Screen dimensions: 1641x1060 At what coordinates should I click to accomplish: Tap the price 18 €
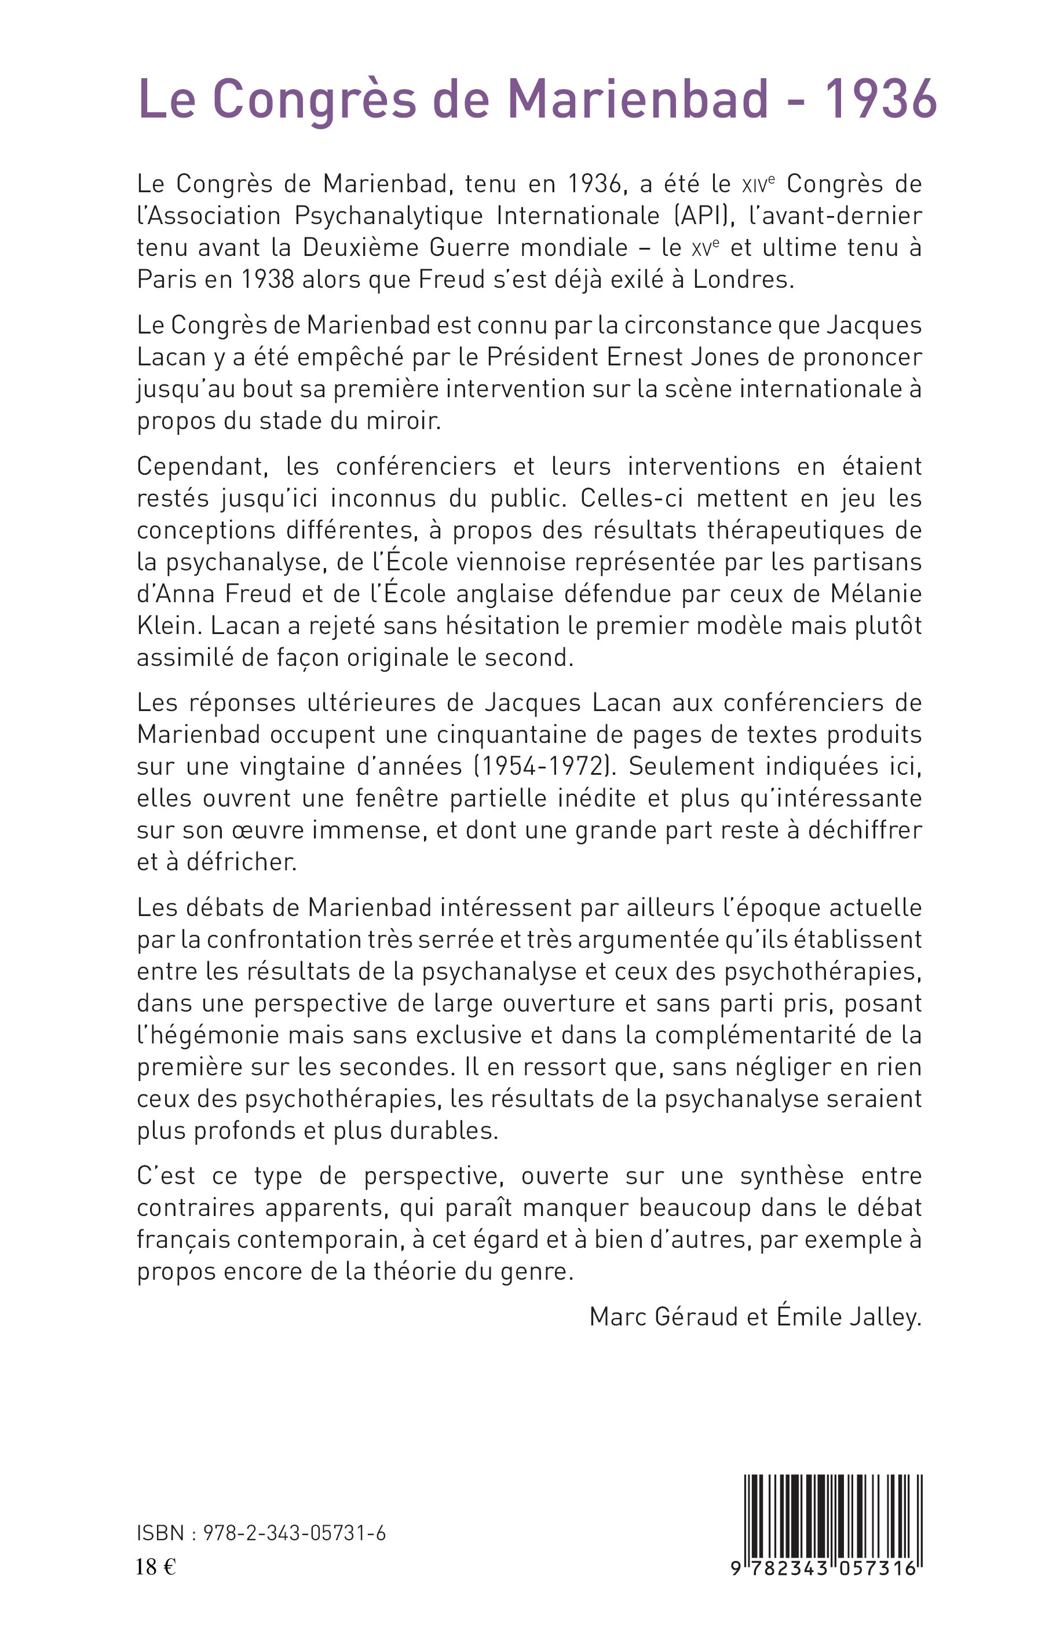[x=156, y=1567]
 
